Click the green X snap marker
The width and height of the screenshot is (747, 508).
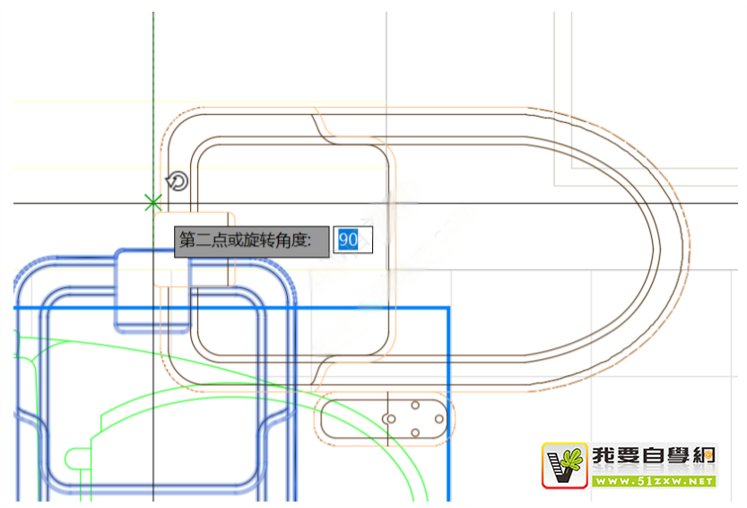153,203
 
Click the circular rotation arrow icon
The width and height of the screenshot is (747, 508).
178,182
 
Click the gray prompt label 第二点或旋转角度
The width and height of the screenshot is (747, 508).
251,240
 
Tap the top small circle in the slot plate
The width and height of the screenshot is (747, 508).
415,406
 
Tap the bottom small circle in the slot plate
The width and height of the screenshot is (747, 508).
415,434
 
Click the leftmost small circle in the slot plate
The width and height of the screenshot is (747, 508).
389,419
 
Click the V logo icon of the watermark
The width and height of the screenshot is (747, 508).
564,465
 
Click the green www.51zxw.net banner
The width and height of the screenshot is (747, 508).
653,481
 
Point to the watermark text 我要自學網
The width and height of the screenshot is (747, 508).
653,457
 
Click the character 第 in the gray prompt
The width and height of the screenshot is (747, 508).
187,240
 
